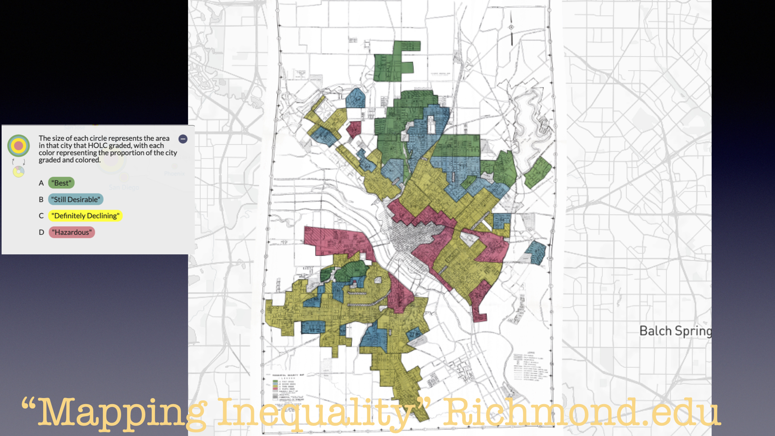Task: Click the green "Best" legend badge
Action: click(x=61, y=183)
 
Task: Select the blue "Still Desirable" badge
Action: click(x=76, y=199)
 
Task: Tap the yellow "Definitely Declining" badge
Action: click(x=85, y=216)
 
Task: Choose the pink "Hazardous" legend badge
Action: click(x=72, y=232)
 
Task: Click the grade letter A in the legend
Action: click(x=41, y=183)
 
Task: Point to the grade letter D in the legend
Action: click(x=41, y=232)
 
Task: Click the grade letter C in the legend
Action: click(x=41, y=216)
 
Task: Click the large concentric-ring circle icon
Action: click(x=19, y=145)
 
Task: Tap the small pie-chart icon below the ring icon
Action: click(x=19, y=172)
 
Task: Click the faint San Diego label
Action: click(x=124, y=187)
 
